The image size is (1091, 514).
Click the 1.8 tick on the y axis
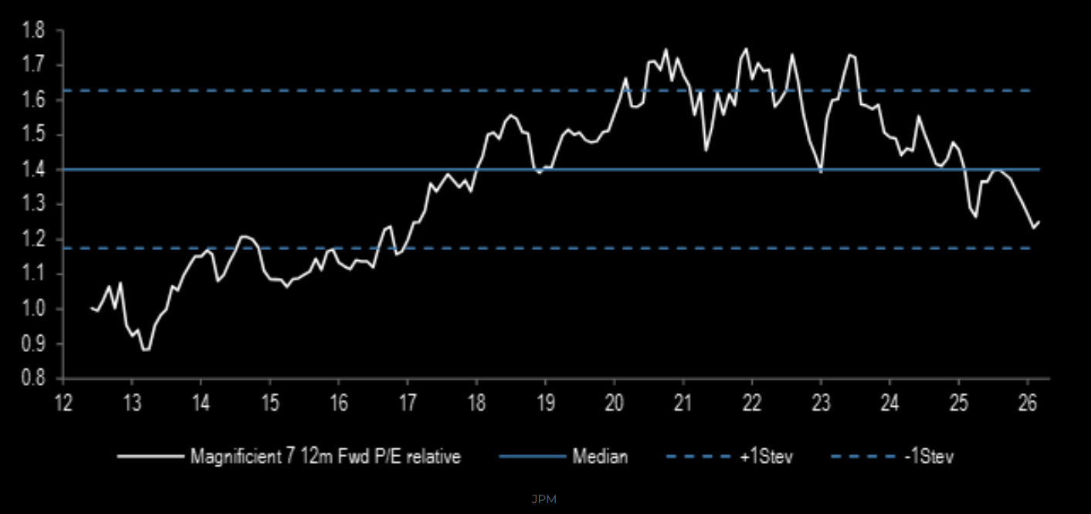[33, 31]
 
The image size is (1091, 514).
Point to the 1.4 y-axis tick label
[33, 170]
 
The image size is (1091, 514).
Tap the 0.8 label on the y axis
[33, 379]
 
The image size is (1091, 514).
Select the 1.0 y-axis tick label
[33, 309]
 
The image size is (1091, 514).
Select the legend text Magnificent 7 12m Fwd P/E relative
[325, 457]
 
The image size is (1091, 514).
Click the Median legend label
[600, 457]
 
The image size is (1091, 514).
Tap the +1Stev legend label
[766, 457]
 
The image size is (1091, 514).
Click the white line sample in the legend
[149, 457]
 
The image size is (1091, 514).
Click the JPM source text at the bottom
[544, 499]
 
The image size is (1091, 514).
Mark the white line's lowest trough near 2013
[145, 350]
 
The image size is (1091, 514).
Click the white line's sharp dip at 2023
[821, 172]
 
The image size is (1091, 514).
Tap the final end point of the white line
[1039, 222]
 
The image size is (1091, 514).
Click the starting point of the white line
[91, 308]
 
